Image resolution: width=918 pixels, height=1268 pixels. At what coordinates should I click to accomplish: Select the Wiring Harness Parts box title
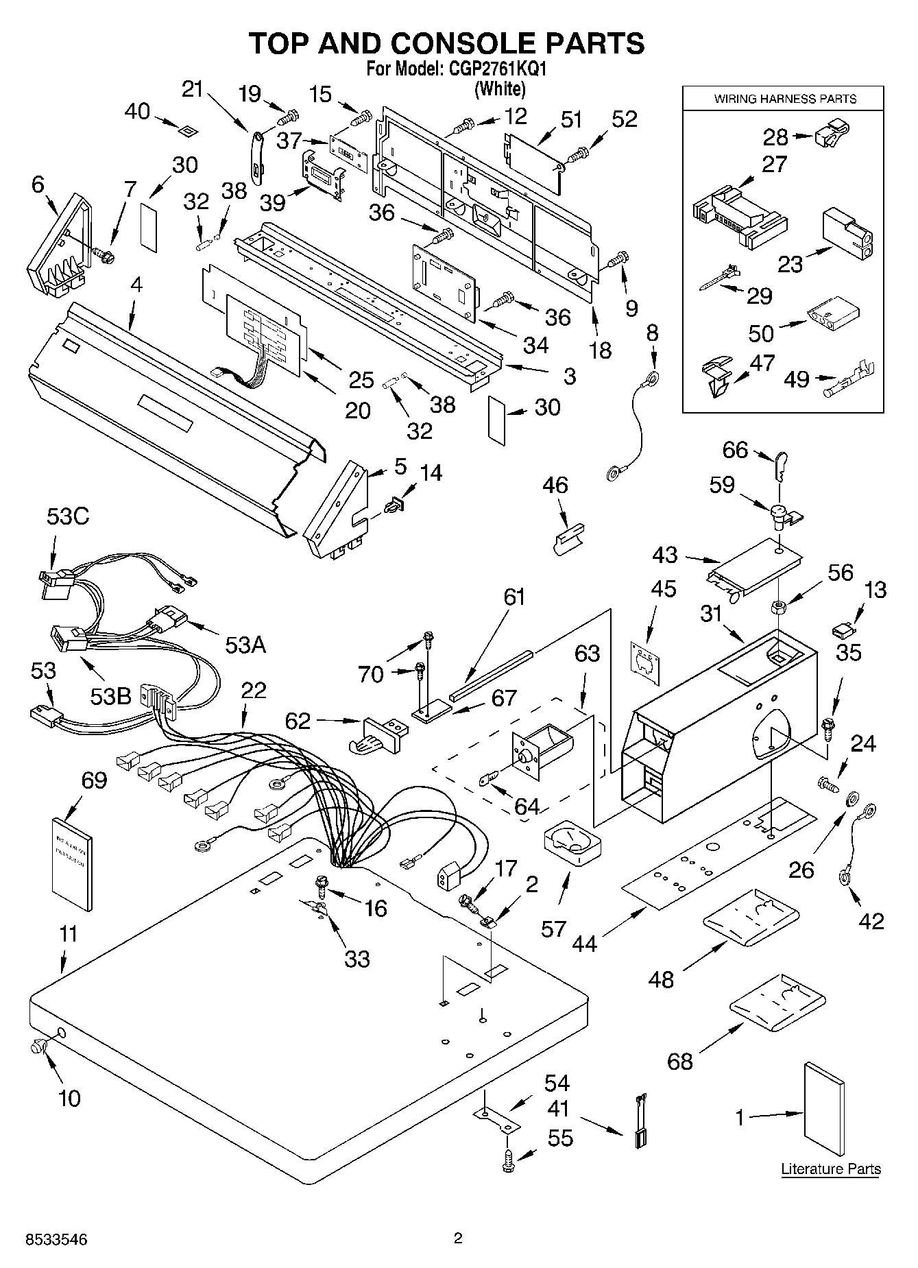coord(785,99)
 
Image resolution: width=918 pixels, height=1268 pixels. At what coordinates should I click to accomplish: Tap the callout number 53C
coord(68,516)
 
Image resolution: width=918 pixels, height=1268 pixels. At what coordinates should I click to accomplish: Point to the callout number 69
coord(94,780)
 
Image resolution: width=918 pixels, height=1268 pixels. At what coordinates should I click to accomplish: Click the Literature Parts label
coord(830,1169)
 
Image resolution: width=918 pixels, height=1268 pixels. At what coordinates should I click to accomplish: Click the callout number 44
coord(584,944)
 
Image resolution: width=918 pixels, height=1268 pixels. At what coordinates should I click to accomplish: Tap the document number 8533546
coord(57,1240)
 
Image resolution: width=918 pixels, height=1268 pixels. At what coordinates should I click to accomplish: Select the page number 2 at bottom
coord(458,1239)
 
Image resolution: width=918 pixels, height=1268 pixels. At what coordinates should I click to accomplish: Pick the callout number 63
coord(586,654)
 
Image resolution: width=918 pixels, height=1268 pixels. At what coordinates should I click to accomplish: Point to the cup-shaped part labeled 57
coord(572,844)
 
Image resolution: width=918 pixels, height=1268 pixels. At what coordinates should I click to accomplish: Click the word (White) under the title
coord(500,88)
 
